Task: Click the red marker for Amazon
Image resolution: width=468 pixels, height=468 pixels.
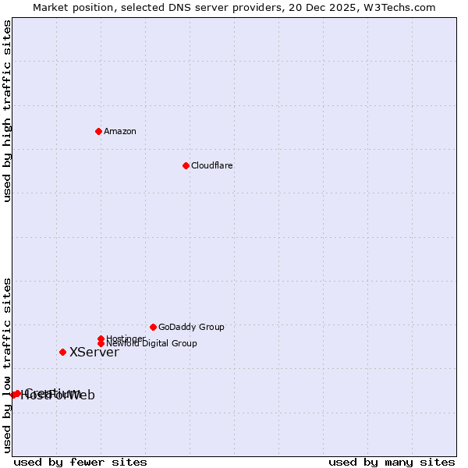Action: click(x=98, y=131)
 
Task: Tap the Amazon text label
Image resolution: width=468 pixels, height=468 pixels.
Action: click(x=120, y=131)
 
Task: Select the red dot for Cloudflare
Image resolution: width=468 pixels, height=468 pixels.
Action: click(x=186, y=165)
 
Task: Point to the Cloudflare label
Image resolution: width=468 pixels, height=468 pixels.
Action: click(x=212, y=165)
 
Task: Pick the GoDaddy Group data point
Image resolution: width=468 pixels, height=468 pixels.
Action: click(x=153, y=327)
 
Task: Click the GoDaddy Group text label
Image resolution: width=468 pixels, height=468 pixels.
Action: click(x=191, y=327)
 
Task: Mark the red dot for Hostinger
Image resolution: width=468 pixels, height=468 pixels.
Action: click(x=101, y=339)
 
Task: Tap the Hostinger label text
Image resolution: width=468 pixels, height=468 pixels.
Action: click(x=126, y=339)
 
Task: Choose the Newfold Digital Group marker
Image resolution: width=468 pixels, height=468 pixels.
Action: click(x=101, y=343)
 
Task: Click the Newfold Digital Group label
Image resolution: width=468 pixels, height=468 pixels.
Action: click(x=152, y=344)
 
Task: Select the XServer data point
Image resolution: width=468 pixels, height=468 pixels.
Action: click(x=62, y=352)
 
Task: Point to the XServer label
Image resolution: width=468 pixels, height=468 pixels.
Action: click(x=94, y=353)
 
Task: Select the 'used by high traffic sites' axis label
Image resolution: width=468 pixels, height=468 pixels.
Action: click(x=7, y=112)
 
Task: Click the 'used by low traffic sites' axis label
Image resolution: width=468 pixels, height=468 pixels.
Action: click(x=7, y=365)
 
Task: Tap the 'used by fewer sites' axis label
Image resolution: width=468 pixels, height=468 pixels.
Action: click(x=80, y=462)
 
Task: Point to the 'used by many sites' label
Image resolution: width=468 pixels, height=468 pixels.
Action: click(x=392, y=462)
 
